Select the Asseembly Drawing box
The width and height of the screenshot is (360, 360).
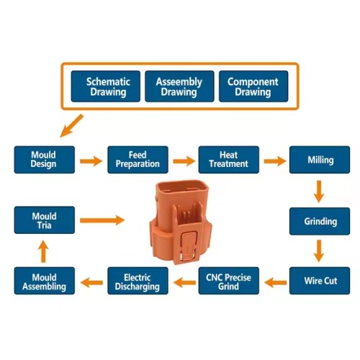179,87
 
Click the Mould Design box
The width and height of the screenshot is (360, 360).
44,160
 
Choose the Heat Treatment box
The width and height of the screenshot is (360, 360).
228,160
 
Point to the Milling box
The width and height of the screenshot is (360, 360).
320,160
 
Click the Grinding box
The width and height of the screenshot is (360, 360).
320,221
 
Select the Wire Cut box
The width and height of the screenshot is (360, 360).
320,281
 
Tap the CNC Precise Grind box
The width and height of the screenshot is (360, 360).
228,281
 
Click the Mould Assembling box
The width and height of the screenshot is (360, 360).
44,281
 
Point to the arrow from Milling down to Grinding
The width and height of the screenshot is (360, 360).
320,191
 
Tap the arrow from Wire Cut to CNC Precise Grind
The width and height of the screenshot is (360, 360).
274,281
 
